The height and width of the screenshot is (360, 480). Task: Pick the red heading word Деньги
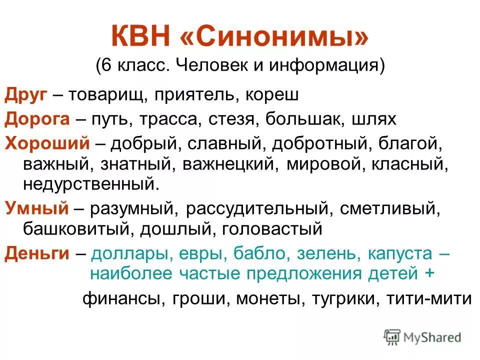point(36,253)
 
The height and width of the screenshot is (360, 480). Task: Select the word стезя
point(232,119)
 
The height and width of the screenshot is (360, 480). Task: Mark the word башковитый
point(77,229)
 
